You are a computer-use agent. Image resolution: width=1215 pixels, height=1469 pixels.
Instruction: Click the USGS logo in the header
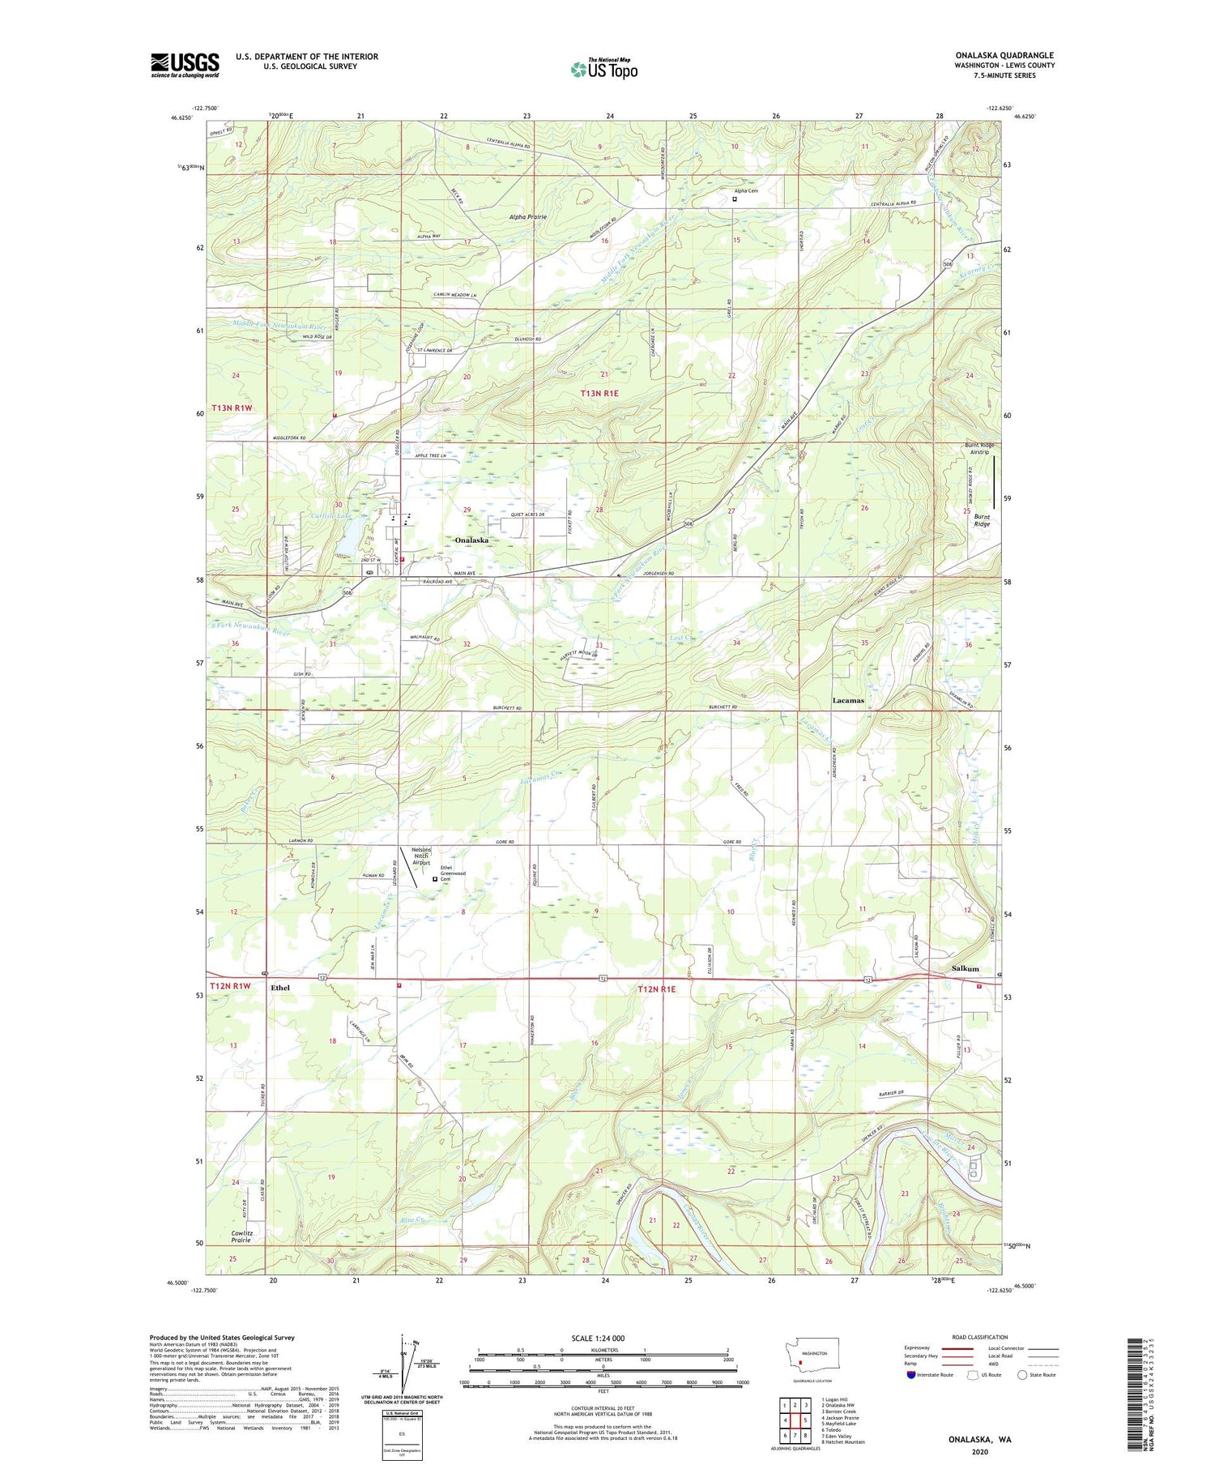coord(185,65)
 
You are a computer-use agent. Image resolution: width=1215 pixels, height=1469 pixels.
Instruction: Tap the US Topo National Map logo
coord(603,69)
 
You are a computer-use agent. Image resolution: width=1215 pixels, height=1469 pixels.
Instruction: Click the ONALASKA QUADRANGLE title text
coord(1004,55)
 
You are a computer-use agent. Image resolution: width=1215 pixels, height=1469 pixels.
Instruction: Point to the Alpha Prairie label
coord(527,217)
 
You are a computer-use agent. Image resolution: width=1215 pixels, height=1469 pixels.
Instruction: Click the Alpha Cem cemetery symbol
coord(735,199)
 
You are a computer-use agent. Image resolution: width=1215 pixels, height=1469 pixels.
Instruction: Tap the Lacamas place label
coord(848,700)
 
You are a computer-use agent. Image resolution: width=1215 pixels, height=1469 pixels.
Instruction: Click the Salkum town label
coord(965,968)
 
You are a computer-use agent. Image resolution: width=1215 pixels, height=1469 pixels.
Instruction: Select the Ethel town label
coord(280,988)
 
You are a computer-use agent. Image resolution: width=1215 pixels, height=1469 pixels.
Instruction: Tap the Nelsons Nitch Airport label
coord(420,856)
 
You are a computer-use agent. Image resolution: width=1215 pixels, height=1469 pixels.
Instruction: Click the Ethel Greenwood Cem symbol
coord(435,878)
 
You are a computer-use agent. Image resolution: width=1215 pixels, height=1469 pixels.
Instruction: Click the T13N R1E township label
coord(599,393)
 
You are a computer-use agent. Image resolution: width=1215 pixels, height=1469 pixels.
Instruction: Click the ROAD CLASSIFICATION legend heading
coord(980,1337)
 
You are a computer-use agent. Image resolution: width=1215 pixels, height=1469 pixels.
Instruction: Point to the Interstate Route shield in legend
coord(910,1374)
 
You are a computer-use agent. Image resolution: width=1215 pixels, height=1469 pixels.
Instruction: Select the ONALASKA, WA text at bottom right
coord(980,1440)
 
